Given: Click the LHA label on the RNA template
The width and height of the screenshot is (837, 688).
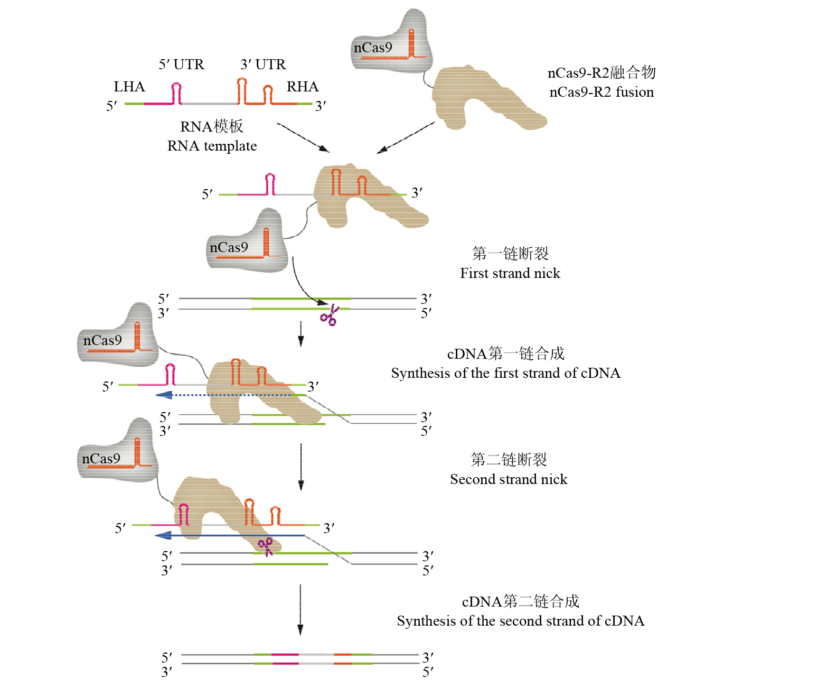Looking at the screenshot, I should tap(129, 87).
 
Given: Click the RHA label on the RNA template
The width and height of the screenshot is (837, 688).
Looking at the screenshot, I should tap(302, 87).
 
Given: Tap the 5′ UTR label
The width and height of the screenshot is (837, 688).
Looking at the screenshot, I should tap(181, 64).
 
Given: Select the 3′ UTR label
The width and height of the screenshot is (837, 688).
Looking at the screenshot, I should tap(263, 64).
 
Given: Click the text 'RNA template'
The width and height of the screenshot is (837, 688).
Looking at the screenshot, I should tap(212, 146).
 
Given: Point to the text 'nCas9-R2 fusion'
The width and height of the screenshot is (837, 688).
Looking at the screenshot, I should tap(601, 92).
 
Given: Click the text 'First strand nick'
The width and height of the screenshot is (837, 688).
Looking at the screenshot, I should tap(510, 273).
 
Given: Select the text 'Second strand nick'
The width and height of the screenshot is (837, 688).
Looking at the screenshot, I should tap(509, 479).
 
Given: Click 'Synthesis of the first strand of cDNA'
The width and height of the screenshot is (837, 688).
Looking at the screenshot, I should tap(505, 373).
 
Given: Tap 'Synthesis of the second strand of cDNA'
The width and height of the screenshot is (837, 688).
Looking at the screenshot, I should tap(520, 621).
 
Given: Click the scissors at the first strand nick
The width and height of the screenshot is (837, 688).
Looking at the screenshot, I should tap(330, 316).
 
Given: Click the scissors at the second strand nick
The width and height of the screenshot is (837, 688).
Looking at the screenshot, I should tap(266, 546).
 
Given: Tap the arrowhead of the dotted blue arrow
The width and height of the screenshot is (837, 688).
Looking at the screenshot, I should tap(164, 395).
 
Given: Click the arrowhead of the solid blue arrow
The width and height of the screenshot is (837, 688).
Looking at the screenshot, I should tap(163, 535).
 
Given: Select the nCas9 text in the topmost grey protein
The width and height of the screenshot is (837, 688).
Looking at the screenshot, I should tap(373, 48).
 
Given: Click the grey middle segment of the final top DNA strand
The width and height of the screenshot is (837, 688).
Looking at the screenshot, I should tap(316, 654).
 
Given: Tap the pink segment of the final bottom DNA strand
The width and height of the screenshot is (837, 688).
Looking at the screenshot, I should tap(286, 663).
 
